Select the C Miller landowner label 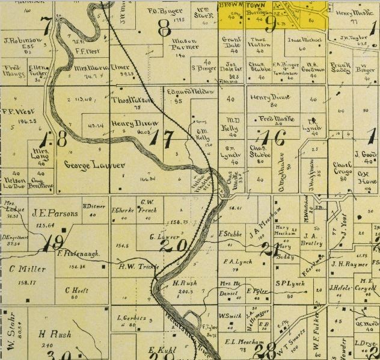(x=28, y=268)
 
